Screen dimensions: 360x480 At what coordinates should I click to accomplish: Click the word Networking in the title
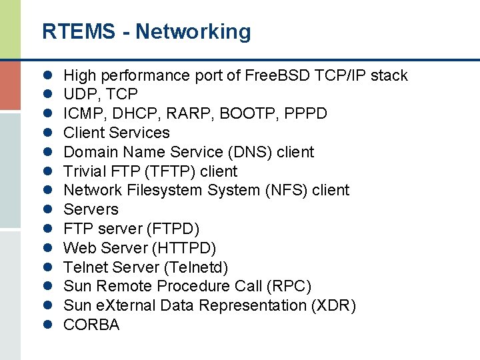(x=193, y=31)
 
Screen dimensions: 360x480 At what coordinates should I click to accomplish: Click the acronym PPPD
(x=305, y=114)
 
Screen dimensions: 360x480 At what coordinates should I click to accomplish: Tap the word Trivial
(x=83, y=171)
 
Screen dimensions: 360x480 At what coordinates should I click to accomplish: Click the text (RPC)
(x=288, y=287)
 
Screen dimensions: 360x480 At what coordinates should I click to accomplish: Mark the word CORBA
(x=91, y=325)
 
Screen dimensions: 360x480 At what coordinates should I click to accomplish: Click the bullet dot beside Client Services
(x=49, y=133)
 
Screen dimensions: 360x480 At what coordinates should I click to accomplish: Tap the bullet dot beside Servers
(x=49, y=210)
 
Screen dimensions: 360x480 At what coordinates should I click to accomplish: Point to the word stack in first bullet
(x=389, y=75)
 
